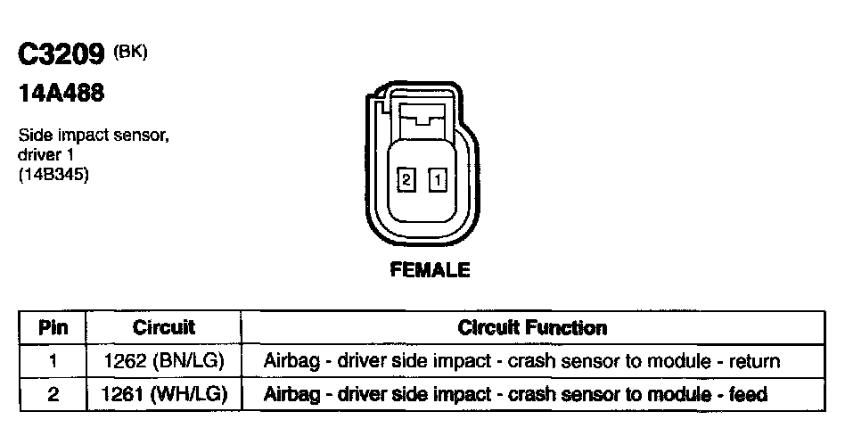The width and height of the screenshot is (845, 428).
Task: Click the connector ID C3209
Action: tap(63, 55)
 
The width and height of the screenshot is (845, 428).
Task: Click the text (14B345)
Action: tap(53, 174)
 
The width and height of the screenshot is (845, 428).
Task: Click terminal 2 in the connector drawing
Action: tap(406, 180)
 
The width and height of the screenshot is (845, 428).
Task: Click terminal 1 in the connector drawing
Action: tap(438, 180)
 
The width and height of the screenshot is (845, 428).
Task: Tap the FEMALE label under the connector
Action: tap(430, 269)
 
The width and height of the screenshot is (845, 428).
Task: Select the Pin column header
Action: tap(53, 328)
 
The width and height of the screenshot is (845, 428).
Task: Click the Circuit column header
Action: tap(164, 328)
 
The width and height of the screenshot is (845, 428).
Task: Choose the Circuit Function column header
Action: tap(532, 328)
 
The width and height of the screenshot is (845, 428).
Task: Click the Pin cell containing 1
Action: tap(53, 361)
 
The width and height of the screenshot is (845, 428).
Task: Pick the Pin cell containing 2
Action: tap(53, 393)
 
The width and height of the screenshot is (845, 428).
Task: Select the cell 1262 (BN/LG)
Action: tap(164, 361)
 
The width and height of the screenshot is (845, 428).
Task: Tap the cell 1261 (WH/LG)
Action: tap(164, 393)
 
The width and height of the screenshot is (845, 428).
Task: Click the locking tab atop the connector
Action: tap(422, 114)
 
